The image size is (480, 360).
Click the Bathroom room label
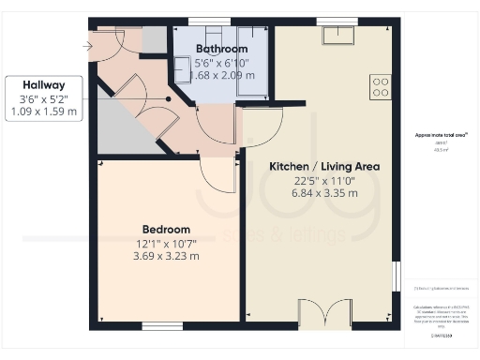pyautogui.click(x=222, y=49)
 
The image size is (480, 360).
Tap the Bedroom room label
pyautogui.click(x=166, y=229)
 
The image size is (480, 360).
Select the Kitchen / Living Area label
pyautogui.click(x=323, y=166)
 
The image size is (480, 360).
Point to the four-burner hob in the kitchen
pyautogui.click(x=381, y=87)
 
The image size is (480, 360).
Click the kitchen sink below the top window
pyautogui.click(x=336, y=36)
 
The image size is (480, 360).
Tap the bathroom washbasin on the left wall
pyautogui.click(x=182, y=66)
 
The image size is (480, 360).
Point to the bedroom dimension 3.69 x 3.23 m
pyautogui.click(x=166, y=254)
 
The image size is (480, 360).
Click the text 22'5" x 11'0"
pyautogui.click(x=323, y=180)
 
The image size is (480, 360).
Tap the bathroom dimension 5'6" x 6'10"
pyautogui.click(x=222, y=62)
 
